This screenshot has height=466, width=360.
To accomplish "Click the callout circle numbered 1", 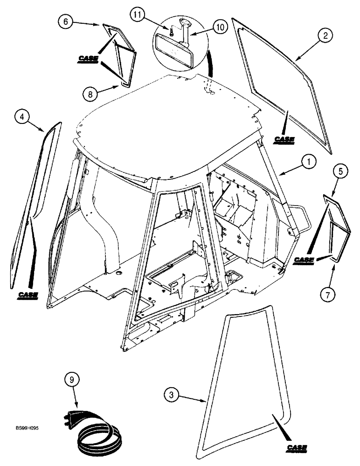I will tap(308, 163).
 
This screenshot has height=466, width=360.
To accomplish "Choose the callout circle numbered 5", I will tap(341, 172).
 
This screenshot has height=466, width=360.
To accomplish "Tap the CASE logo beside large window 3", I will tap(297, 448).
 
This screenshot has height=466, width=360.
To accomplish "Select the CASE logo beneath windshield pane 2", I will tap(284, 139).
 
